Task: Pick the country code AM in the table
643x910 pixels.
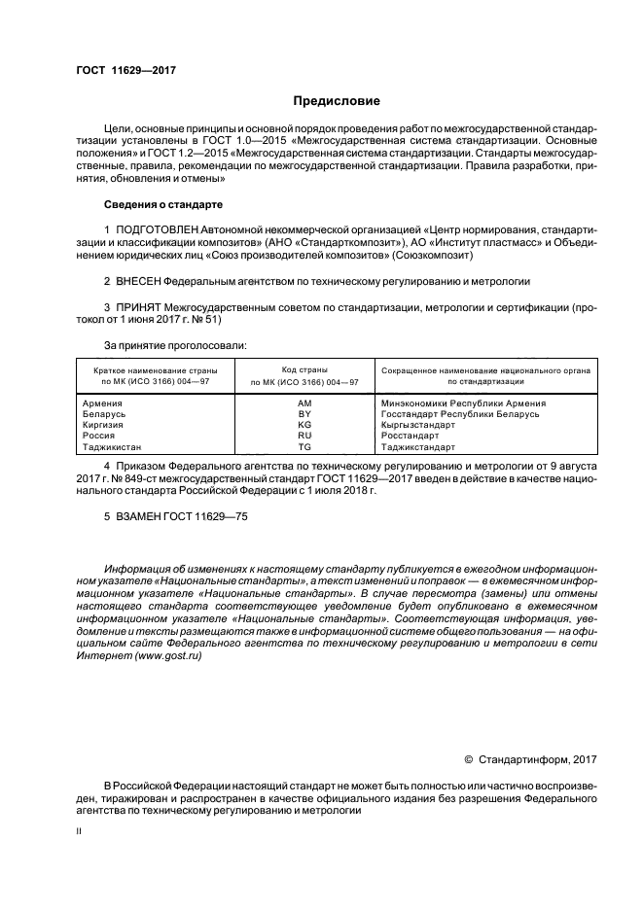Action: point(304,402)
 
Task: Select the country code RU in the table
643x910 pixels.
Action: point(304,437)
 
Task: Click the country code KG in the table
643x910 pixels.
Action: point(304,425)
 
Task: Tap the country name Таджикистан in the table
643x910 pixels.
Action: point(113,447)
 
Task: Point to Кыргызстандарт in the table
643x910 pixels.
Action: point(418,425)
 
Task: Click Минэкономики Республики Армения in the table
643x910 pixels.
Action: point(463,402)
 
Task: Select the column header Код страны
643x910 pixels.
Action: point(304,370)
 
